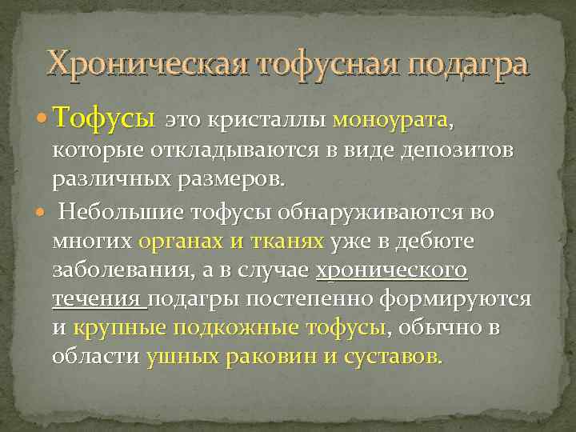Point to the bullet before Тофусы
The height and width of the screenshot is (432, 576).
pos(42,122)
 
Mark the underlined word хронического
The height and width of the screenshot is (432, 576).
pos(392,270)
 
